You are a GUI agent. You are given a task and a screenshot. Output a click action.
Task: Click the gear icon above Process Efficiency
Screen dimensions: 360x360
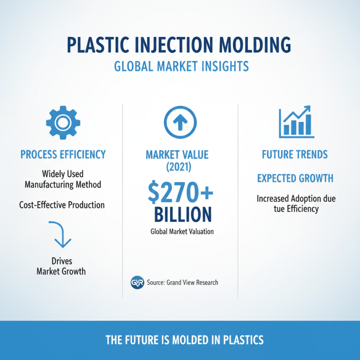point(63,121)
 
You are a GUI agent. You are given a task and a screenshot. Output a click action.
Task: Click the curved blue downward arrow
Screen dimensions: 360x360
point(60,234)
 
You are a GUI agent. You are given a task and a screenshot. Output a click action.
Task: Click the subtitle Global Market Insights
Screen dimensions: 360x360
point(181,67)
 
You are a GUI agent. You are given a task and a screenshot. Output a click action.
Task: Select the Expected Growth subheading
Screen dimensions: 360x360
point(295,178)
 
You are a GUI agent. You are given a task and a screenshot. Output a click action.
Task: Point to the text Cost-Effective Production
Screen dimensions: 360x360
point(62,205)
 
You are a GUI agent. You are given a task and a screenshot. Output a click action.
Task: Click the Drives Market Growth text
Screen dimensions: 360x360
point(61,266)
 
